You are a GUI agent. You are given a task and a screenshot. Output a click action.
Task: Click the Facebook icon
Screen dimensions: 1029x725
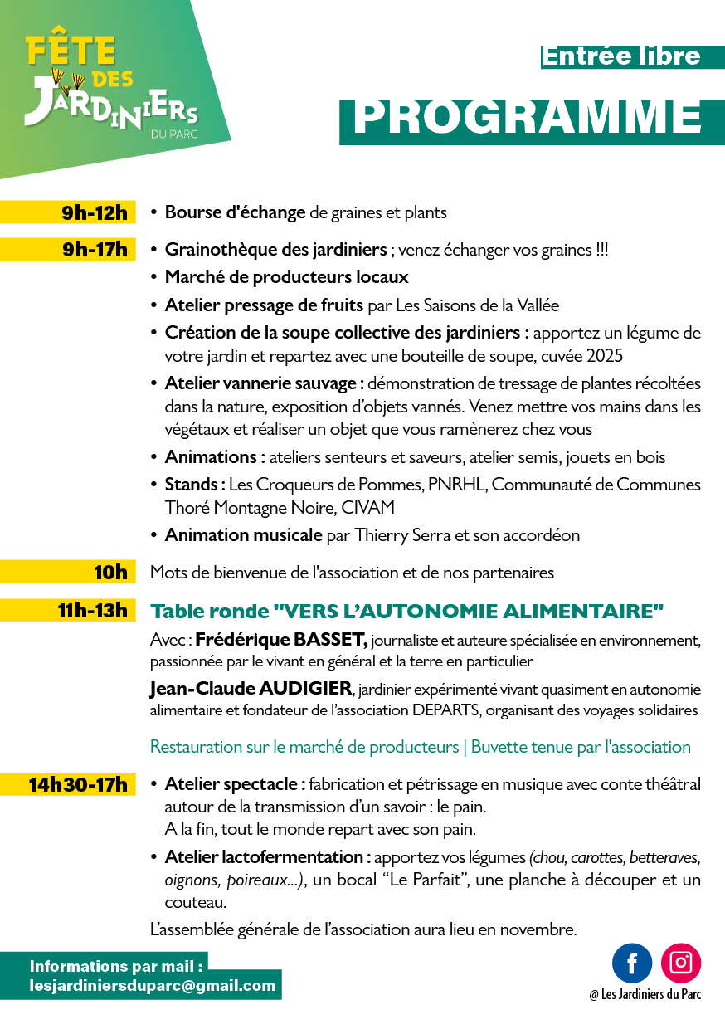click(632, 963)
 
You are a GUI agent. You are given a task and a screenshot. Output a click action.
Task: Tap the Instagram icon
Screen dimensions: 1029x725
click(681, 963)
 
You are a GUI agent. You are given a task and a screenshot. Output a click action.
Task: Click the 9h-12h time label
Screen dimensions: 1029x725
click(95, 212)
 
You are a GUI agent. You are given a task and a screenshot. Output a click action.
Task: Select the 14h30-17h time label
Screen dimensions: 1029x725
click(78, 784)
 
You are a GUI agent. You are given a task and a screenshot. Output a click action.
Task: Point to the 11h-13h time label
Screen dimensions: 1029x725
click(92, 612)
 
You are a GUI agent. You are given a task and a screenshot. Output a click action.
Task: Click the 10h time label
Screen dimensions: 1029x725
click(110, 572)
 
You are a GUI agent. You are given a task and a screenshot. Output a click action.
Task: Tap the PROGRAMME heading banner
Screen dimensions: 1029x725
click(528, 118)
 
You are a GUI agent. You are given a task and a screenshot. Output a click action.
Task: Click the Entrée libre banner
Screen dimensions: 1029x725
click(621, 56)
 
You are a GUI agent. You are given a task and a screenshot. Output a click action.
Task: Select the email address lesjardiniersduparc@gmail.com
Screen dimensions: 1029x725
click(153, 986)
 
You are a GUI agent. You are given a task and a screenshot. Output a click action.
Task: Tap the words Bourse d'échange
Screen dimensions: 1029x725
click(236, 212)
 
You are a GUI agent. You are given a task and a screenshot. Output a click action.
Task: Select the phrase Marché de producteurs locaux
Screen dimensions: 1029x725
click(287, 277)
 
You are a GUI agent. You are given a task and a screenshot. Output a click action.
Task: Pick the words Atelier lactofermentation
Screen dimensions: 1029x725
click(263, 856)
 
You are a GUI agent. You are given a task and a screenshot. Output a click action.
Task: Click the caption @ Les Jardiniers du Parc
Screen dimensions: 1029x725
click(645, 995)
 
